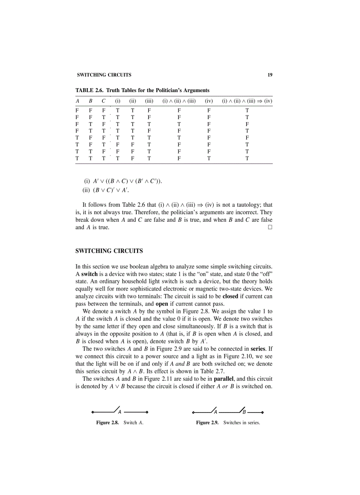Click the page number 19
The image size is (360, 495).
coord(270,75)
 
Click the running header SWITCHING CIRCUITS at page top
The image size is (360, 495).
coord(104,75)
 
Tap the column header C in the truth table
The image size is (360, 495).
coord(103,101)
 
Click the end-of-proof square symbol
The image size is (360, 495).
coord(270,227)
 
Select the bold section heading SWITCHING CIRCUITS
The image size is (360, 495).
coord(109,251)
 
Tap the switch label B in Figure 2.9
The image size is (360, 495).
coord(244,413)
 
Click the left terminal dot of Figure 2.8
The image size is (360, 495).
coord(92,413)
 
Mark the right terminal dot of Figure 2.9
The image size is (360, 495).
coord(263,413)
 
